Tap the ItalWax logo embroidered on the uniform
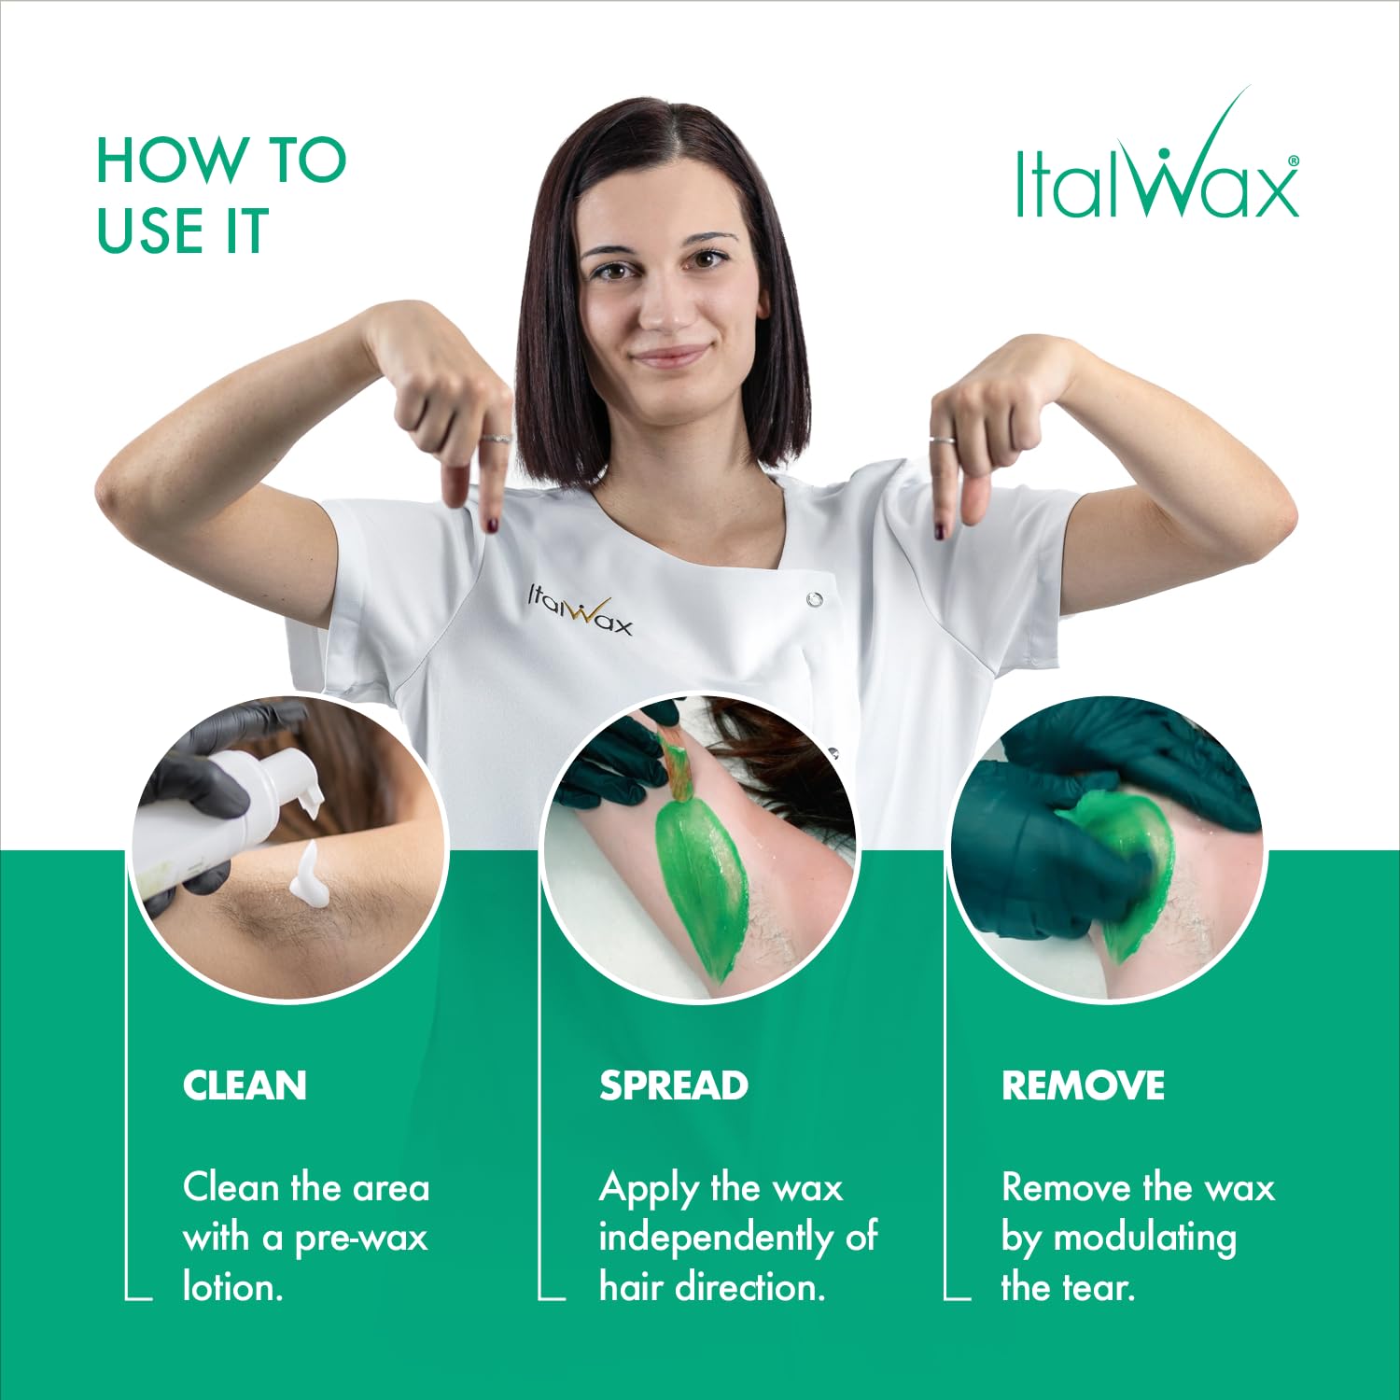[581, 610]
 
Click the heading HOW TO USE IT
[221, 196]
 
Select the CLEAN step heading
[245, 1085]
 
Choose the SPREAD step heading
[673, 1085]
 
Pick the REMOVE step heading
[1083, 1085]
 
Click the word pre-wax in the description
[360, 1238]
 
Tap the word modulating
[1144, 1238]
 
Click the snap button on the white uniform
[814, 598]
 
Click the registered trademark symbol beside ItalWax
[1293, 161]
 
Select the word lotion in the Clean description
[231, 1288]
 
